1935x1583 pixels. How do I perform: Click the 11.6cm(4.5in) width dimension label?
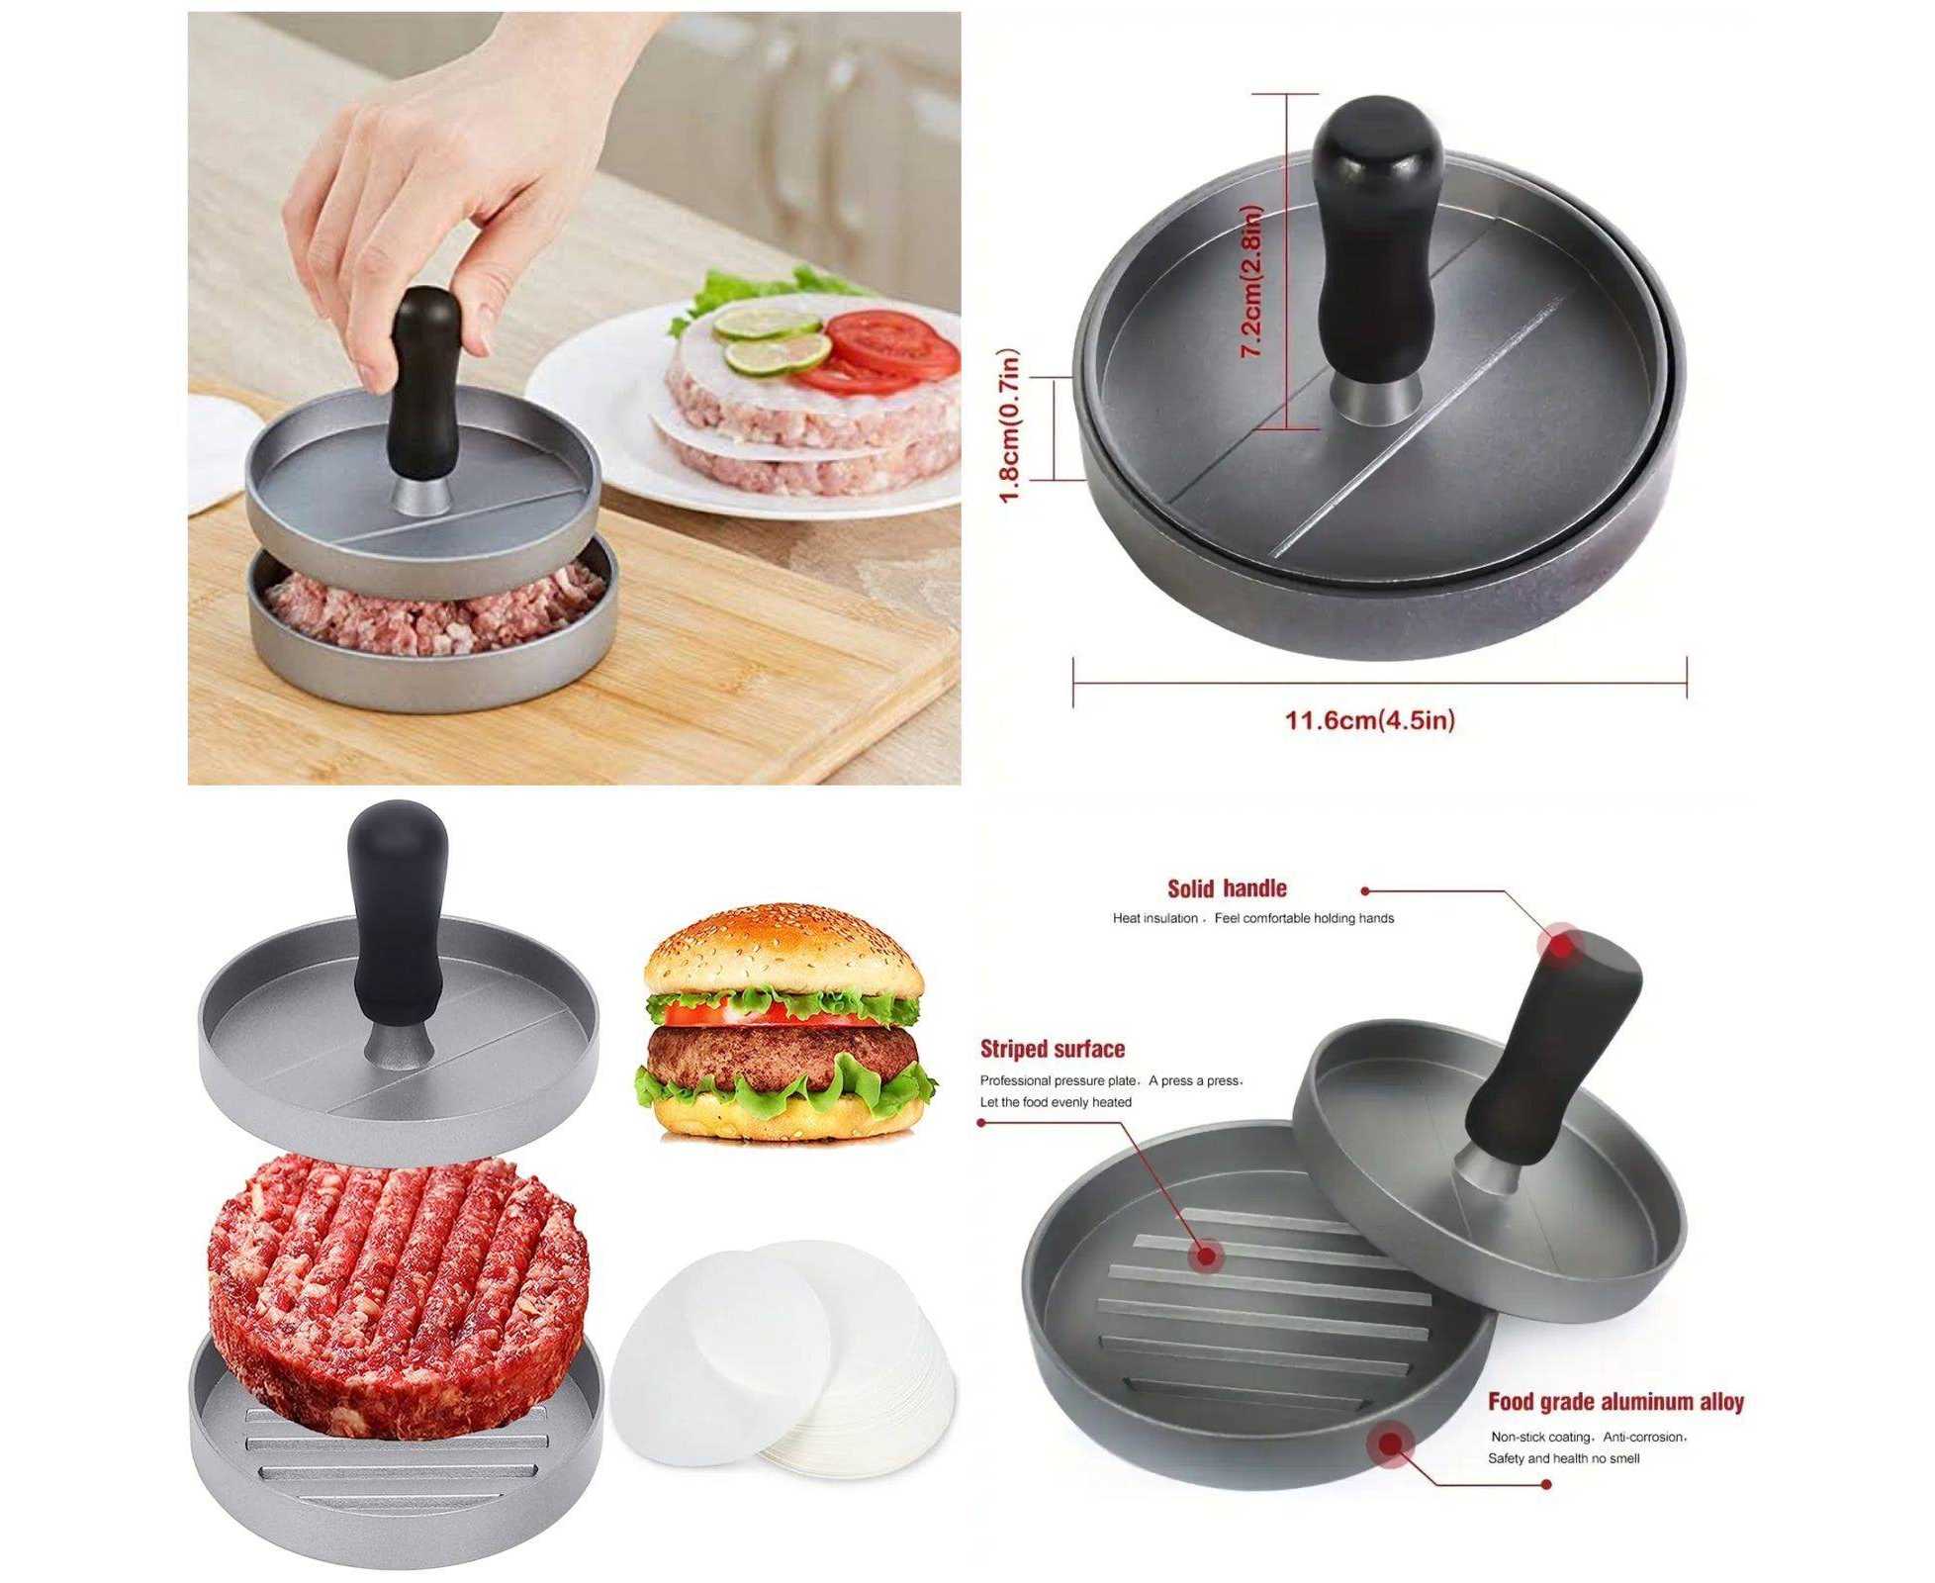1369,719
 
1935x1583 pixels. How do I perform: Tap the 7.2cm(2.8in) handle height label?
1251,281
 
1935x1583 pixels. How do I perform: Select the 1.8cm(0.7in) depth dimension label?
1008,426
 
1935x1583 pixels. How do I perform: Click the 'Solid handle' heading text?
1227,888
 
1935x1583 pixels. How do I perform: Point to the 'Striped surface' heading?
1053,1049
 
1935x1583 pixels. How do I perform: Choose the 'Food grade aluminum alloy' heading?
1615,1402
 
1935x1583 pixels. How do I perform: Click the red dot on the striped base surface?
1207,1257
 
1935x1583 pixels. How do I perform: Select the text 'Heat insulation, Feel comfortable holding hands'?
1253,918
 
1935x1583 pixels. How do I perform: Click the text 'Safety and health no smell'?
1564,1458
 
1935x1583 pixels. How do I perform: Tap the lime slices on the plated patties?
772,337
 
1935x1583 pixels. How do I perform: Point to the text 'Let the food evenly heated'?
1056,1102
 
